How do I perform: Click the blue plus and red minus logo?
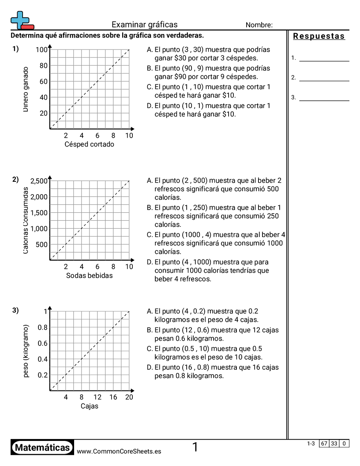22,20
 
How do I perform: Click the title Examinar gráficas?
144,25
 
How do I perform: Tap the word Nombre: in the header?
259,25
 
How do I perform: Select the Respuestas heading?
319,36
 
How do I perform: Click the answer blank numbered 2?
324,78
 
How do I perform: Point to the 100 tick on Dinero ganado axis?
41,49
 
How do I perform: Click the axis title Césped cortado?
89,144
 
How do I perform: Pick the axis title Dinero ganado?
26,89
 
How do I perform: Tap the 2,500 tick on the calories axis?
39,181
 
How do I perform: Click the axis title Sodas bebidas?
89,275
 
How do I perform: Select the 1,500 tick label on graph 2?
39,213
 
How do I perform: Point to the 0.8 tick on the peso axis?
42,327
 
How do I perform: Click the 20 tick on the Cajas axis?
129,397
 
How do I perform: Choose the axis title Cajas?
89,406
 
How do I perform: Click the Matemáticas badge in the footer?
42,448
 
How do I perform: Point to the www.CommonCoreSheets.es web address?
119,451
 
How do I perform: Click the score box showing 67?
324,443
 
